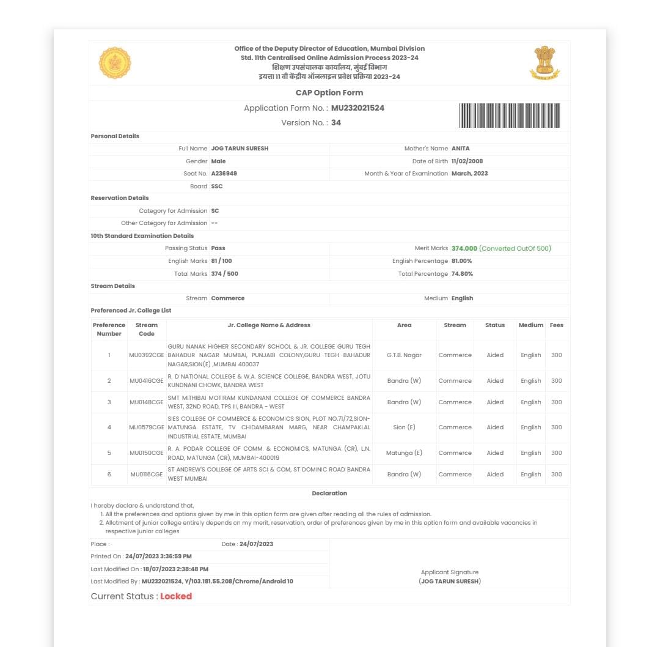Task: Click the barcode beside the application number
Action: (509, 116)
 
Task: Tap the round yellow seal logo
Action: (115, 62)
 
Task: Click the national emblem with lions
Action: (544, 62)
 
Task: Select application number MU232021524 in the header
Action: (358, 108)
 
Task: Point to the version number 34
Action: (336, 123)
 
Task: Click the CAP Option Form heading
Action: (329, 93)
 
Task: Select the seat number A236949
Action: (224, 174)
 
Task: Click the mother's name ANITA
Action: (461, 149)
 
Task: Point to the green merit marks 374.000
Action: (464, 248)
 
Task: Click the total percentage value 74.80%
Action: (462, 274)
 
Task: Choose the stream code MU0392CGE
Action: (147, 355)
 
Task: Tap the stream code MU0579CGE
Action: (147, 427)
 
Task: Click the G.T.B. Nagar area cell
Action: (404, 355)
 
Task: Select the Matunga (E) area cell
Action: (404, 453)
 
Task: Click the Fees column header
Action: (556, 325)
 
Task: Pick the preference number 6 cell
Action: (109, 475)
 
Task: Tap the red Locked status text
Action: (176, 596)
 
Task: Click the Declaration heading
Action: (329, 494)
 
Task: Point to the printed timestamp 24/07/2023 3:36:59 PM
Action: (158, 556)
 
